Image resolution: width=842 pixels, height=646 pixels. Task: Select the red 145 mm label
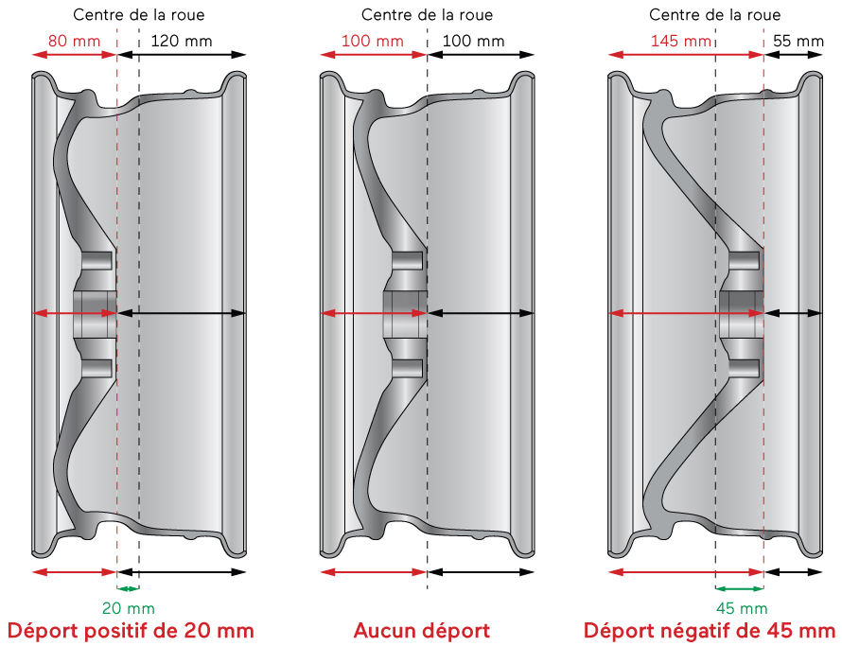pyautogui.click(x=681, y=42)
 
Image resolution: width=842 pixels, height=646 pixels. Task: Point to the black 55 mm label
pyautogui.click(x=798, y=42)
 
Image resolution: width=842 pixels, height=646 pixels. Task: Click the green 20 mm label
pyautogui.click(x=129, y=608)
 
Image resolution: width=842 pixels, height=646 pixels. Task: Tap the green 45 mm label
pyautogui.click(x=741, y=608)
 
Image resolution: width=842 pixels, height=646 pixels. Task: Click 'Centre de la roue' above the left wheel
pyautogui.click(x=138, y=15)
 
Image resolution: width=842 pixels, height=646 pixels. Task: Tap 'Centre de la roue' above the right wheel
pyautogui.click(x=716, y=15)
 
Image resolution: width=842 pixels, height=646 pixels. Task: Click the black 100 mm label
pyautogui.click(x=473, y=42)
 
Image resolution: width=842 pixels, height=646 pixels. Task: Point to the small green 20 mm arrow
pyautogui.click(x=127, y=589)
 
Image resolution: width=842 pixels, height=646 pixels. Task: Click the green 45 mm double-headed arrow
pyautogui.click(x=740, y=589)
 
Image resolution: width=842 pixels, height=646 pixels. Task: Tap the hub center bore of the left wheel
pyautogui.click(x=97, y=313)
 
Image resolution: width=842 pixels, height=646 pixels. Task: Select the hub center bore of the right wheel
pyautogui.click(x=741, y=313)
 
